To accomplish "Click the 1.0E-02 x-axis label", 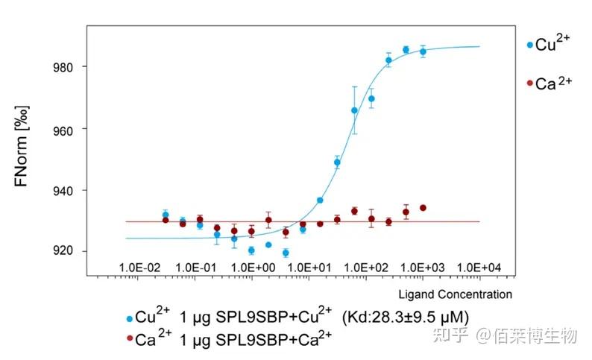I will pyautogui.click(x=139, y=267).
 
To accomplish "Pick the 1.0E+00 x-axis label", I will pyautogui.click(x=252, y=267).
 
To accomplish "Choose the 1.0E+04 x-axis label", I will pyautogui.click(x=479, y=267).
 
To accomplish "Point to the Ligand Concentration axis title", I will pyautogui.click(x=455, y=294).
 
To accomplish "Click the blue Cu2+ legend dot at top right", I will pyautogui.click(x=530, y=45).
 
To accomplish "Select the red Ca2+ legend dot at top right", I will pyautogui.click(x=530, y=83).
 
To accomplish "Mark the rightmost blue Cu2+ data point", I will pyautogui.click(x=423, y=51).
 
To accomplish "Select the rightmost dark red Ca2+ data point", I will pyautogui.click(x=423, y=207).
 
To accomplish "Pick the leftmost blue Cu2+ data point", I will pyautogui.click(x=166, y=215).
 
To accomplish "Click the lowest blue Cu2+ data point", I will pyautogui.click(x=286, y=253).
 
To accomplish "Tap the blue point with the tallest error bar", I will pyautogui.click(x=354, y=110).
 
